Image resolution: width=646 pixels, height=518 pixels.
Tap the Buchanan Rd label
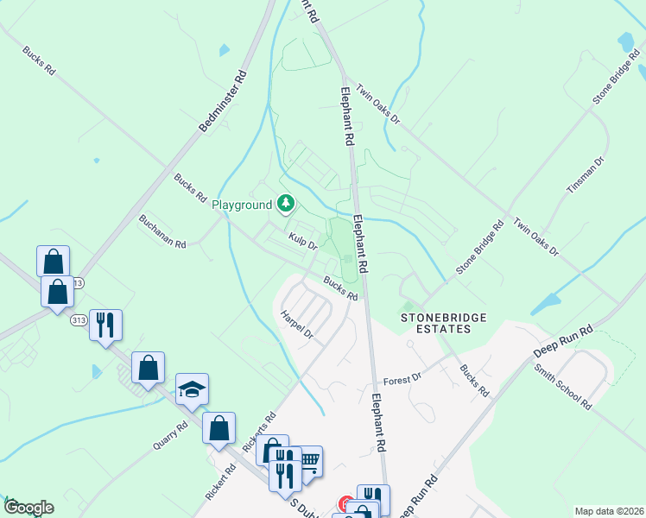point(162,232)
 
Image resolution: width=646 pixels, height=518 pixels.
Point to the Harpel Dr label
point(296,327)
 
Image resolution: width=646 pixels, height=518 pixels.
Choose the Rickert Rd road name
point(221,484)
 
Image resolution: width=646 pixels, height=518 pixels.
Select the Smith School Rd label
point(562,385)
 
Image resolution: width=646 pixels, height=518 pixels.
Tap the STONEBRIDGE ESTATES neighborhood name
point(442,323)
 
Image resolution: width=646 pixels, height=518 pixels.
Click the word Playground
point(242,205)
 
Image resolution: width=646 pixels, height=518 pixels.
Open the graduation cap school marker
point(192,388)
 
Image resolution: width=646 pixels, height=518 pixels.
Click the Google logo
point(28,508)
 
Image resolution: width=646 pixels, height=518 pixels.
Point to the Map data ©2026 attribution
point(608,511)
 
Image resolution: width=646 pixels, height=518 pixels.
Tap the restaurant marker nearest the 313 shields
point(105,325)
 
